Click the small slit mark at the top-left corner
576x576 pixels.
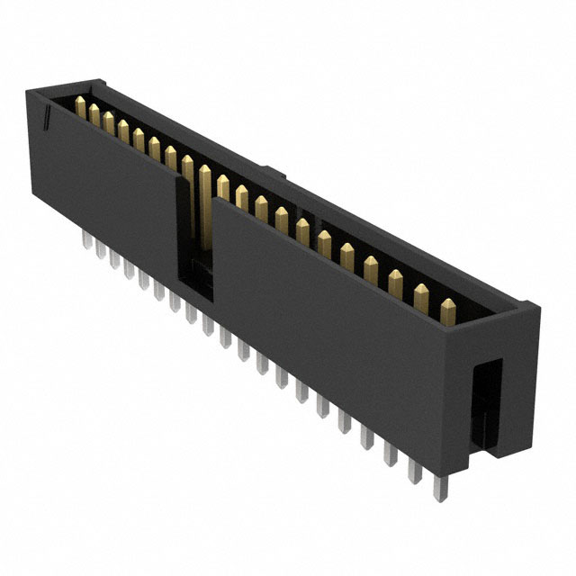[44, 117]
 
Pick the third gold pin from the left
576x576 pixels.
[109, 125]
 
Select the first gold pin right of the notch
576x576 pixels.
[222, 190]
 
